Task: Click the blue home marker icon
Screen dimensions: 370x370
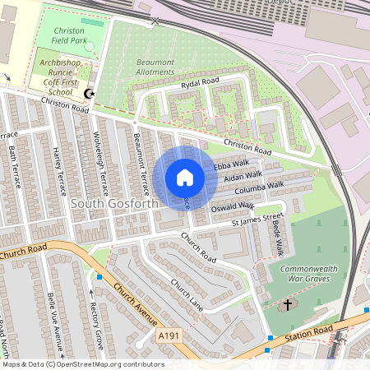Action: coord(185,177)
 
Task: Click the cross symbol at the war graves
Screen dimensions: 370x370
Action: coord(288,305)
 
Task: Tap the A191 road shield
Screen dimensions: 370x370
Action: coord(169,337)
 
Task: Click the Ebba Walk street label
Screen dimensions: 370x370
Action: coord(225,166)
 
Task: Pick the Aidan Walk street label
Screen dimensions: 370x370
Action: coord(243,176)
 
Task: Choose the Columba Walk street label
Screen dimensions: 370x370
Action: coord(260,187)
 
